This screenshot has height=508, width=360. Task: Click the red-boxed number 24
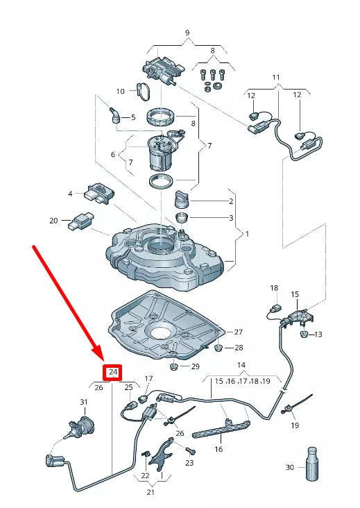[x=112, y=373]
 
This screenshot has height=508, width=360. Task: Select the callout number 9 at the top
[x=187, y=33]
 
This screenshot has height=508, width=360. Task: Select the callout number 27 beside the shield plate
[x=238, y=332]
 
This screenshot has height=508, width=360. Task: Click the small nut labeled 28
[x=217, y=347]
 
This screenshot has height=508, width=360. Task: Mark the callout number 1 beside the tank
[x=246, y=235]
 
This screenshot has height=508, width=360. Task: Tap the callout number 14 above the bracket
[x=241, y=365]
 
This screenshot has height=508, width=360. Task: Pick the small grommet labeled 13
[x=304, y=335]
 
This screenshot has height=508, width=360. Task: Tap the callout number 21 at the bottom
[x=151, y=492]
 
